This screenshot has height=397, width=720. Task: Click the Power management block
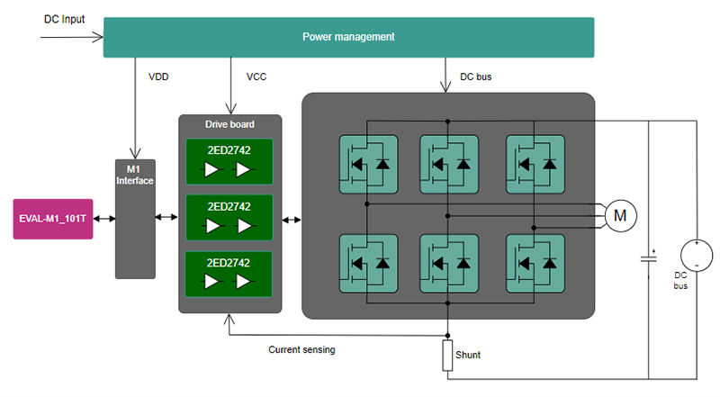pos(348,37)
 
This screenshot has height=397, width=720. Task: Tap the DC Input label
pos(66,19)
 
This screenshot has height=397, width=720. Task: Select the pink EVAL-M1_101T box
pos(53,219)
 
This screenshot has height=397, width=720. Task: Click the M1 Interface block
pos(134,219)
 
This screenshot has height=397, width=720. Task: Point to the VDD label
pos(158,77)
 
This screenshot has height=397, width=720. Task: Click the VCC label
pos(256,77)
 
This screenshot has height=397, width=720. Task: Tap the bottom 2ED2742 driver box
pos(227,275)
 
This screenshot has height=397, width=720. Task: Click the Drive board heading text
pos(229,124)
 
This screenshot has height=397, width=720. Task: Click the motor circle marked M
pos(620,215)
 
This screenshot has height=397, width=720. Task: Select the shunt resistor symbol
pos(446,356)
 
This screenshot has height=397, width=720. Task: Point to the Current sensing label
pos(301,349)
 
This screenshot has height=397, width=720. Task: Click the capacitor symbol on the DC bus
pos(648,257)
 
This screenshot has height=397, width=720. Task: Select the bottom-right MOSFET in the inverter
pos(535,263)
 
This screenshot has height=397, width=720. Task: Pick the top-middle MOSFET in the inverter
pos(449,163)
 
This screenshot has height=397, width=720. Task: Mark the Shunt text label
pos(468,356)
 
